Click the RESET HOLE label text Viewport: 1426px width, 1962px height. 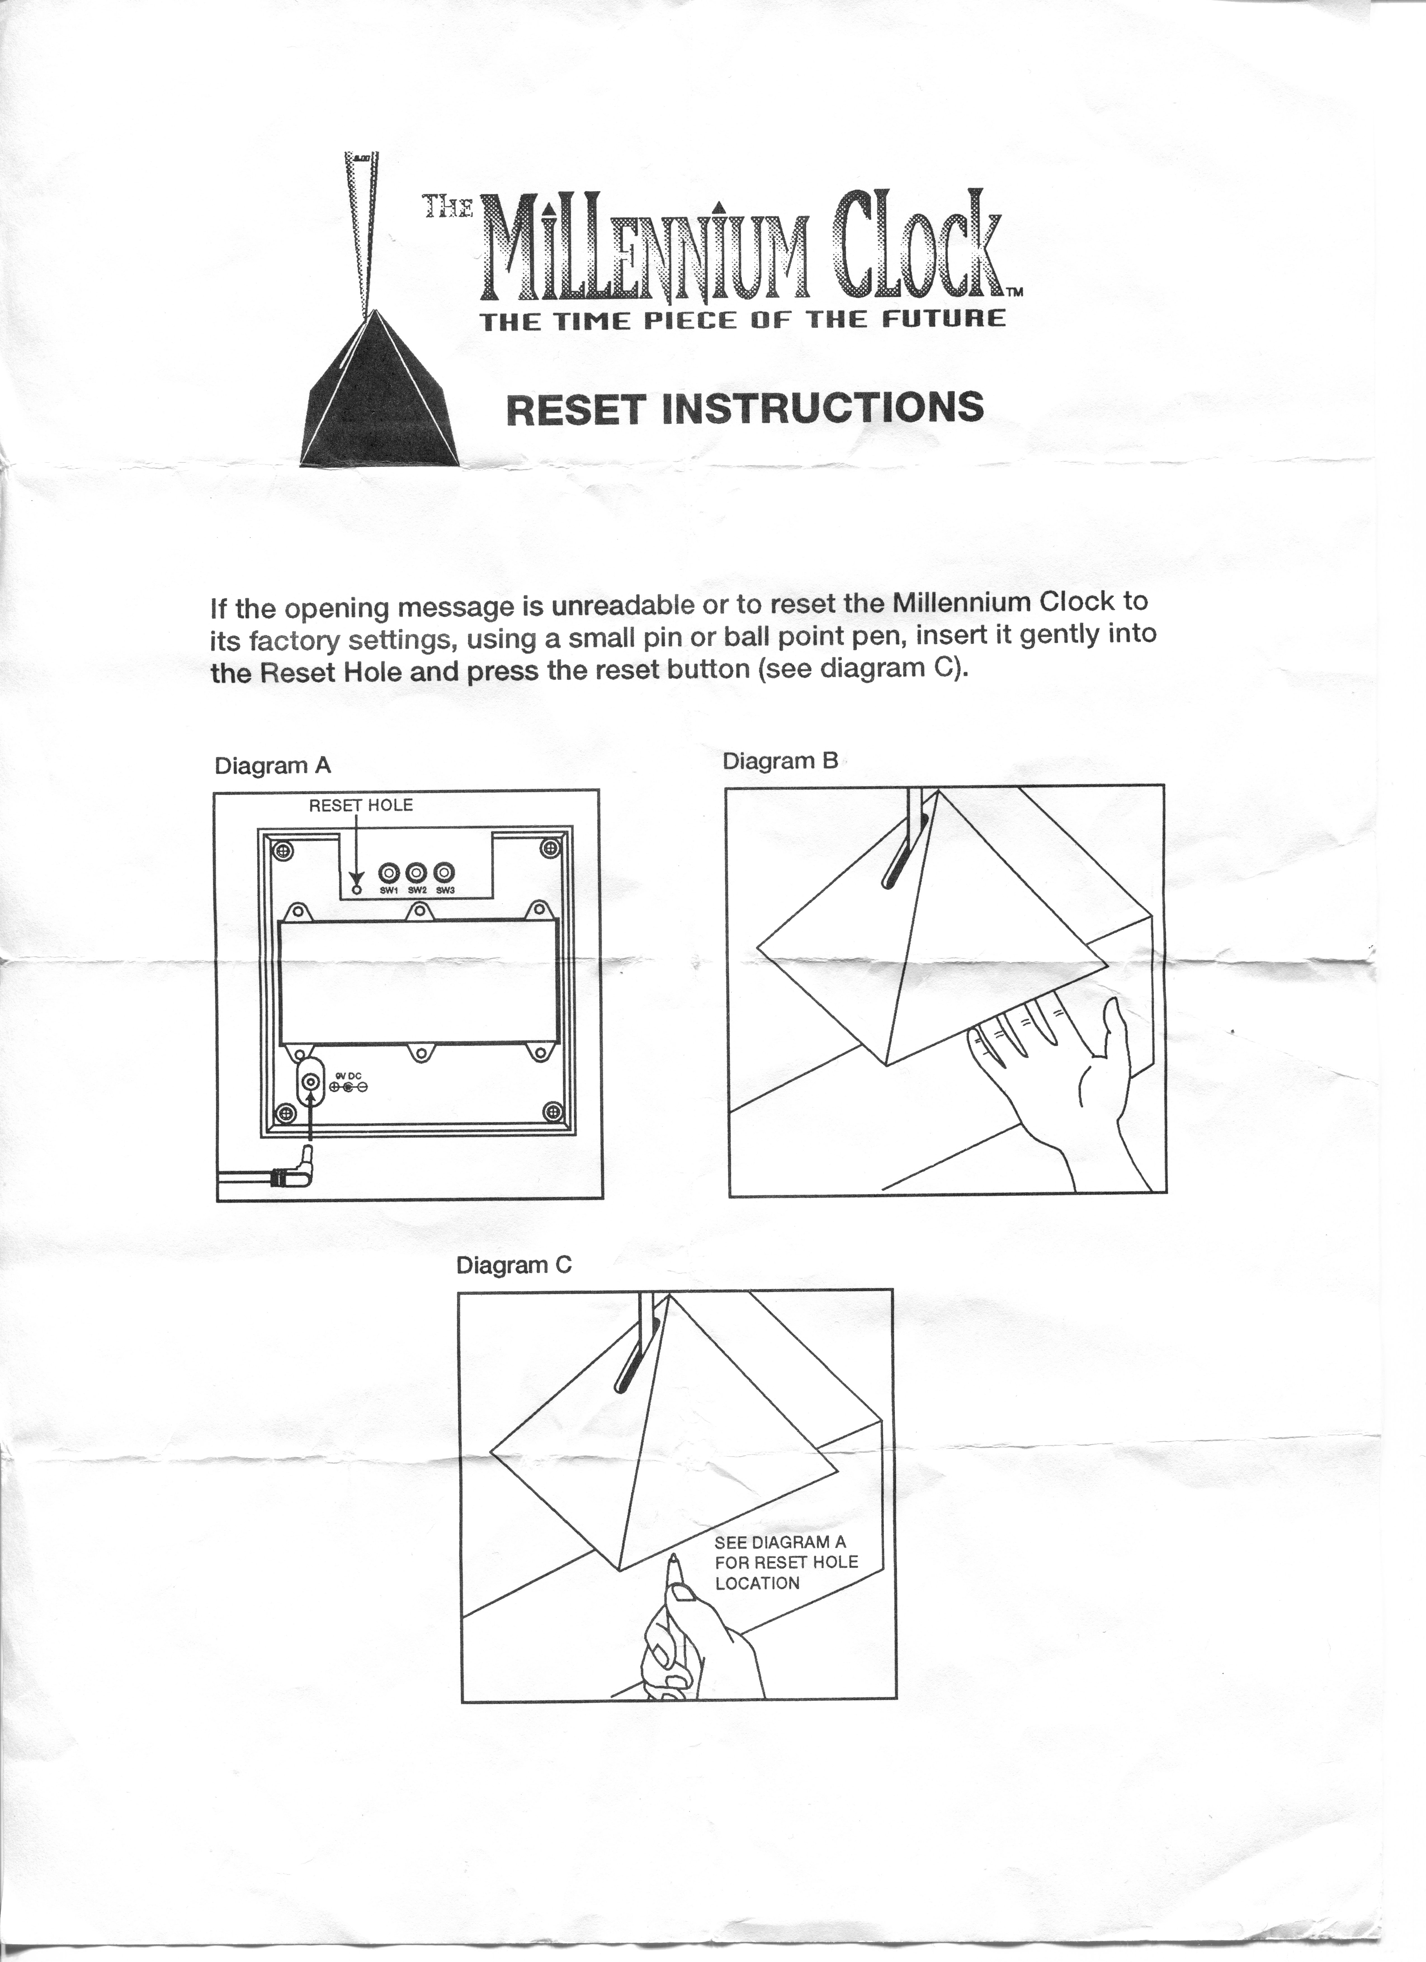pyautogui.click(x=361, y=805)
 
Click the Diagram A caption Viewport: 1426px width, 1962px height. pyautogui.click(x=273, y=766)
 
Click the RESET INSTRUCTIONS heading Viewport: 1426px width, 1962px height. pyautogui.click(x=744, y=408)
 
